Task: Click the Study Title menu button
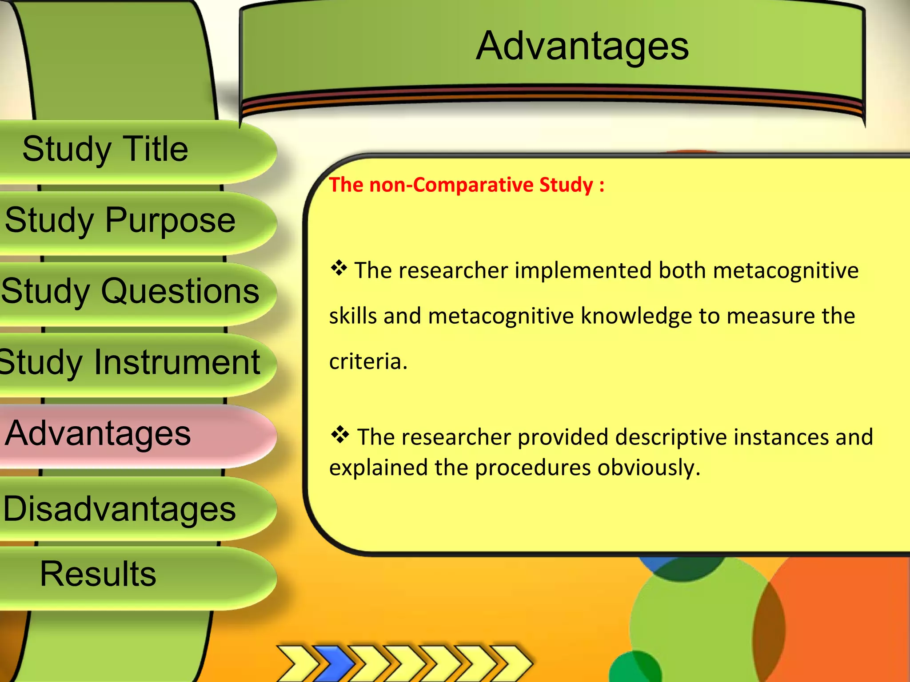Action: point(105,149)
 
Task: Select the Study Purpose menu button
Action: point(120,220)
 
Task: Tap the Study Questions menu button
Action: point(130,291)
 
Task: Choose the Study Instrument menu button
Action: point(130,362)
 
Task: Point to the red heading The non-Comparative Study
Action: point(467,185)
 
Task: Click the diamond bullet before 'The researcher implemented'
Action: point(339,268)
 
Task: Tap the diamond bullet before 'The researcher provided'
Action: point(340,435)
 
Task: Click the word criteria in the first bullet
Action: point(368,361)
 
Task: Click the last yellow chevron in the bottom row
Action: point(511,663)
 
